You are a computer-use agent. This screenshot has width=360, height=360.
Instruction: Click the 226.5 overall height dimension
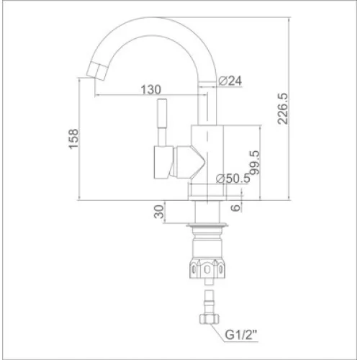[282, 109]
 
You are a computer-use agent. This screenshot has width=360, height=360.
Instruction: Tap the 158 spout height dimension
[73, 139]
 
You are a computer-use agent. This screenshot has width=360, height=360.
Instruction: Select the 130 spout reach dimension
[150, 90]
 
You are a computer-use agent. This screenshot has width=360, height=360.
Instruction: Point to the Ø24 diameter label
[230, 81]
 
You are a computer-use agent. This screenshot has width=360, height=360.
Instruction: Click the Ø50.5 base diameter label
[233, 179]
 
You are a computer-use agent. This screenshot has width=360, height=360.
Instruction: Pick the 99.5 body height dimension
[255, 163]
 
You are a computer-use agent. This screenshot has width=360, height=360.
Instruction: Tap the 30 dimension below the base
[158, 212]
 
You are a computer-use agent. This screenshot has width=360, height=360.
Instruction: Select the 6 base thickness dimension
[236, 207]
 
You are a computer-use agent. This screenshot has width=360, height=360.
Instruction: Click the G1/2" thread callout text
[241, 335]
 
